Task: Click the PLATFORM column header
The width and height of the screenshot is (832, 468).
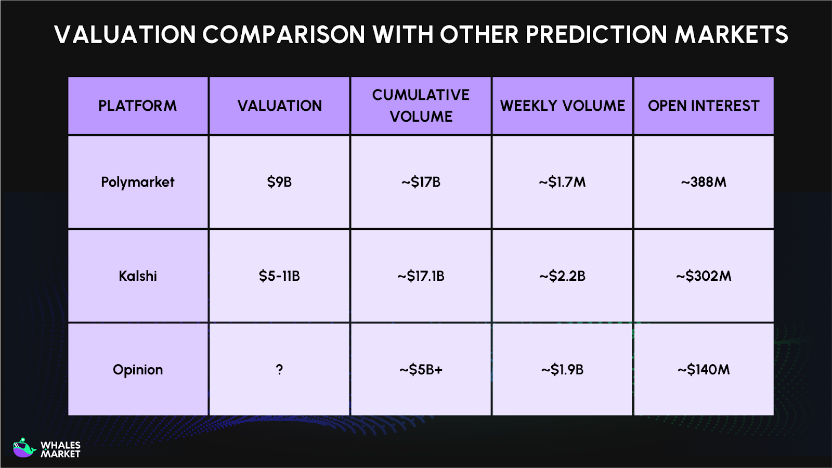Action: pyautogui.click(x=138, y=106)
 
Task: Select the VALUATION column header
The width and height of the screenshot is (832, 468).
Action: pyautogui.click(x=280, y=106)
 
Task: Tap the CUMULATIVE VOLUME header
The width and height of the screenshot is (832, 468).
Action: pyautogui.click(x=421, y=106)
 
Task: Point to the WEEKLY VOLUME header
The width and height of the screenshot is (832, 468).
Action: pyautogui.click(x=562, y=106)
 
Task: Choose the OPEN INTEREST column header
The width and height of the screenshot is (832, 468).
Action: pyautogui.click(x=704, y=106)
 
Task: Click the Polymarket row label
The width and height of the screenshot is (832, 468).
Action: pyautogui.click(x=138, y=182)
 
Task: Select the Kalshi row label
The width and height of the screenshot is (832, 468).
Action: pyautogui.click(x=138, y=276)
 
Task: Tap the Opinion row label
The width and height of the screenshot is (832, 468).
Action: pyautogui.click(x=138, y=370)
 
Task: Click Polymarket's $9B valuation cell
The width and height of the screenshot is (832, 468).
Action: pyautogui.click(x=279, y=182)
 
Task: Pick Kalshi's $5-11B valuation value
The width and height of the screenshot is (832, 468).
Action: pyautogui.click(x=279, y=276)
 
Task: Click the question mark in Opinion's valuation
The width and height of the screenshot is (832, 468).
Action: pyautogui.click(x=279, y=370)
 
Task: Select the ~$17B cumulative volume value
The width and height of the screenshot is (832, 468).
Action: pyautogui.click(x=421, y=182)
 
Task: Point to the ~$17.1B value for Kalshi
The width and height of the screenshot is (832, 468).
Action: pyautogui.click(x=421, y=276)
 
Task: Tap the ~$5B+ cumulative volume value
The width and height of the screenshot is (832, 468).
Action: pyautogui.click(x=421, y=370)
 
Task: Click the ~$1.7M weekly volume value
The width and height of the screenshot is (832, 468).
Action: pyautogui.click(x=562, y=182)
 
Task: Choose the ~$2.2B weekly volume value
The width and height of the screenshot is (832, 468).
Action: pyautogui.click(x=562, y=276)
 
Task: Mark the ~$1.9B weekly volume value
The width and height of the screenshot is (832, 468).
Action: pyautogui.click(x=562, y=370)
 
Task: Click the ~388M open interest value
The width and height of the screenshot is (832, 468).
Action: pyautogui.click(x=704, y=182)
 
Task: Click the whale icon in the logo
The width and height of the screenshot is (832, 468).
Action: pyautogui.click(x=23, y=448)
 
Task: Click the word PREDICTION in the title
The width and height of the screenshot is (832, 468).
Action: pyautogui.click(x=596, y=35)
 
